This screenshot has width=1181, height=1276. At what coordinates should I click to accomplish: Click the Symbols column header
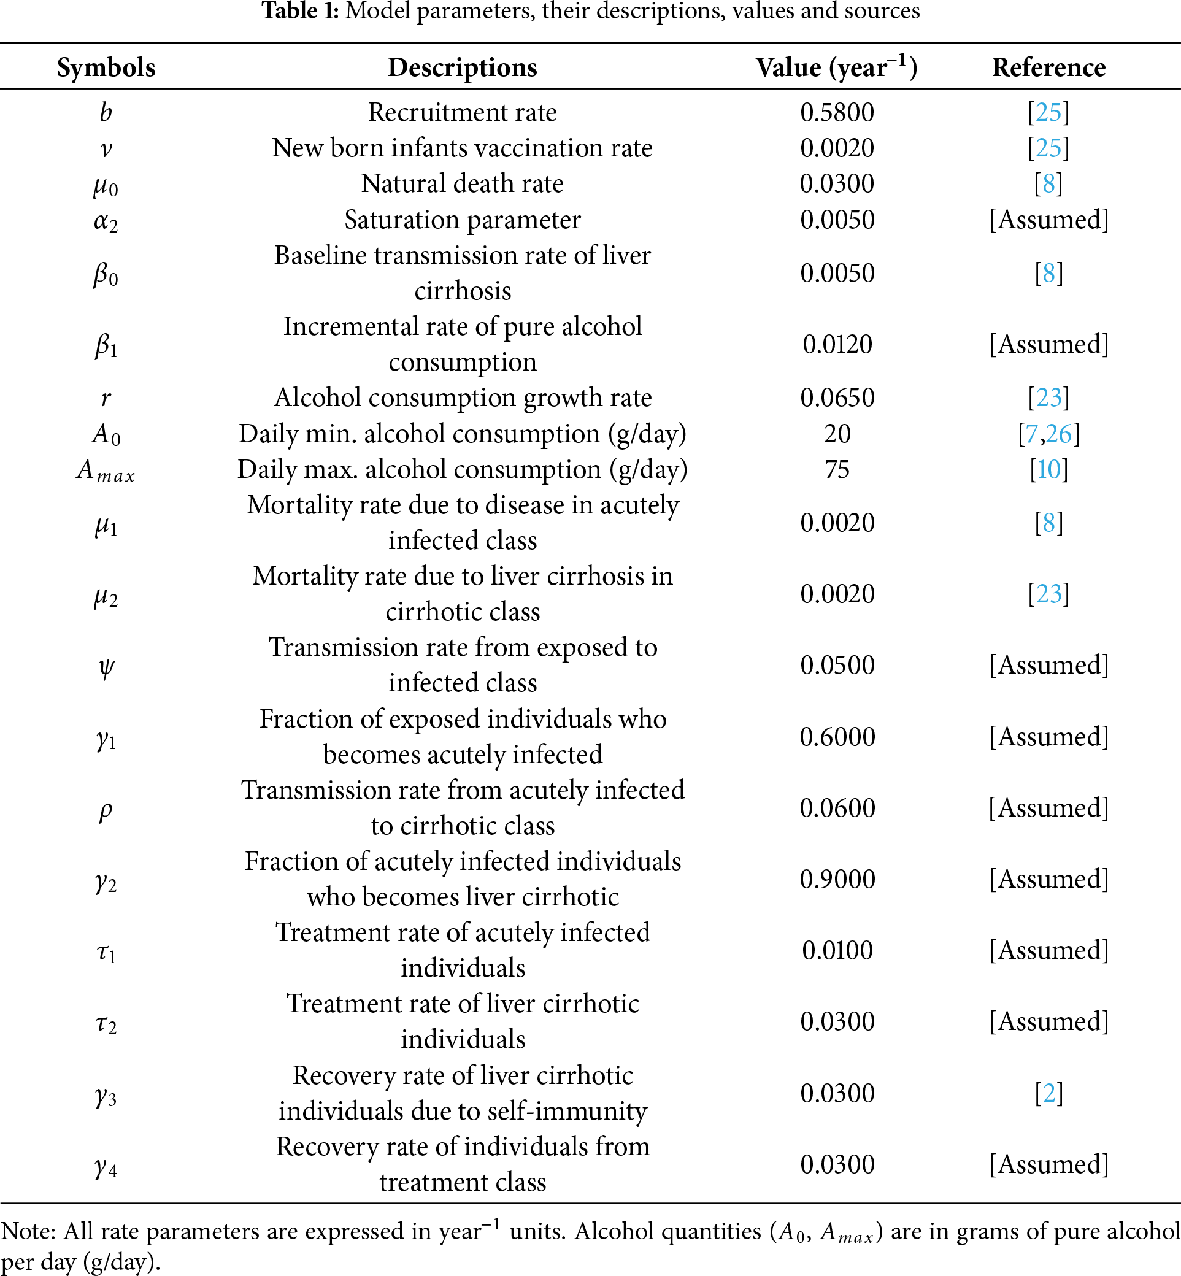106,67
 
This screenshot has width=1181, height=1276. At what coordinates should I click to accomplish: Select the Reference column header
1048,67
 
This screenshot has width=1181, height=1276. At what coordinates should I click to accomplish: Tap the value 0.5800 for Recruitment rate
837,112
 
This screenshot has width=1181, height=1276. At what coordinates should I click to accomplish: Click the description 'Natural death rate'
462,184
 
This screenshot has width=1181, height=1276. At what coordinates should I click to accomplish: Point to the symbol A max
106,471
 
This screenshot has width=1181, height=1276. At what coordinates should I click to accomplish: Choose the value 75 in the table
837,470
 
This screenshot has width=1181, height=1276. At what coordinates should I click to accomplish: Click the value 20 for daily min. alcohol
837,434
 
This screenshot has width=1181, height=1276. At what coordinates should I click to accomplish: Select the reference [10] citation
1048,470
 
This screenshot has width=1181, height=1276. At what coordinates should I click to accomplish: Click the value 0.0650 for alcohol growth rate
837,398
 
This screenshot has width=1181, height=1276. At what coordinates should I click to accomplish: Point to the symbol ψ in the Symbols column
106,666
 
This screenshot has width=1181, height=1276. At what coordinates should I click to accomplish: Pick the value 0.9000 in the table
837,879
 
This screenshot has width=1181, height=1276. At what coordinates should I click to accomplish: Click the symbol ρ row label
106,810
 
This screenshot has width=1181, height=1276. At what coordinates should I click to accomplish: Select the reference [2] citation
1048,1093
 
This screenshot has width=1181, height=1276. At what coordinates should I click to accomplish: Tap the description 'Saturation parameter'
462,220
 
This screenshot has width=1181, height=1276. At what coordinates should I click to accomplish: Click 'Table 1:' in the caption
301,11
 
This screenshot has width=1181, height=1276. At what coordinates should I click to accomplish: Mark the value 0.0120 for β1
837,344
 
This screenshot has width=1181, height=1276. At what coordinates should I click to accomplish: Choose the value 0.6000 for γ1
837,737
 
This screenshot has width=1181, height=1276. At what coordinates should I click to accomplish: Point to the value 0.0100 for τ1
837,951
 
